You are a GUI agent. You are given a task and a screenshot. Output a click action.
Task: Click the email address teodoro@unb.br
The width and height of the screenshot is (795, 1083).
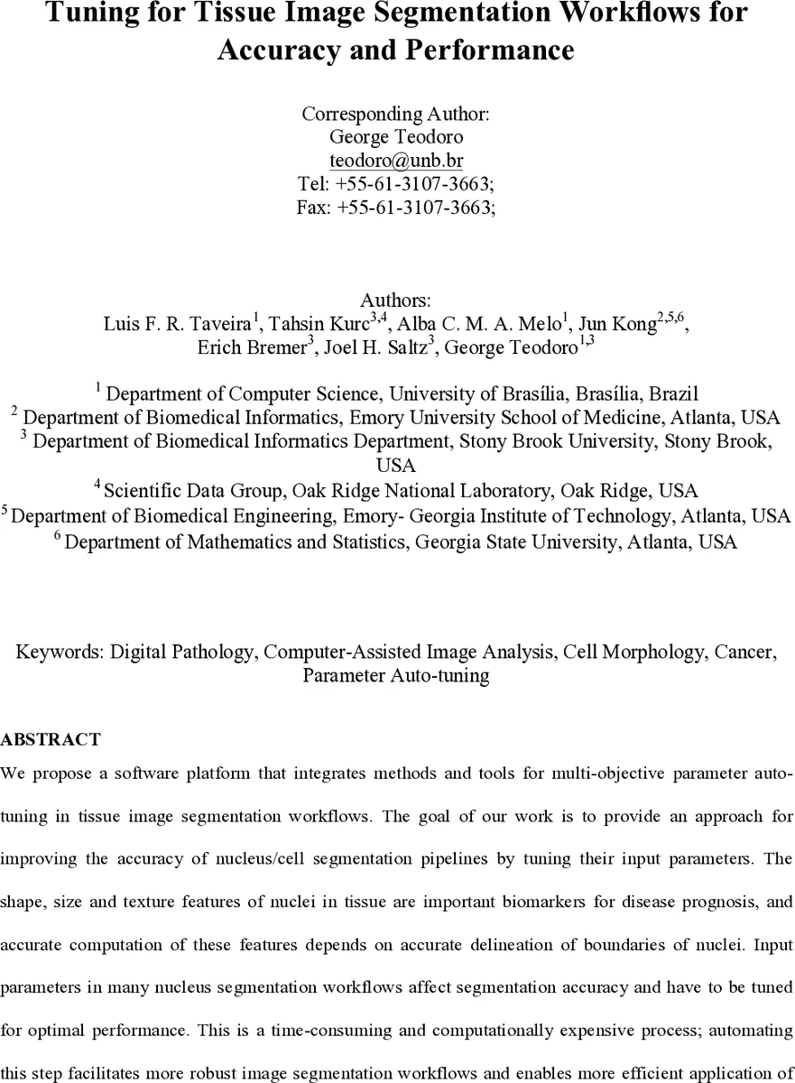396,162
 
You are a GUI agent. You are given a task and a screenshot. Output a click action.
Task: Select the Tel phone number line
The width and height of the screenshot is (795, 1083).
396,184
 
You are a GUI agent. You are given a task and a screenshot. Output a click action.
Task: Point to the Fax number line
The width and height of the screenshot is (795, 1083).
396,207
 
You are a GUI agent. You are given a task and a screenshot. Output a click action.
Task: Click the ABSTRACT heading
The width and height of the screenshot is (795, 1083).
51,740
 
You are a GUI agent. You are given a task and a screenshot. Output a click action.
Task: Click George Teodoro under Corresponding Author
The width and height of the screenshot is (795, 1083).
396,138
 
